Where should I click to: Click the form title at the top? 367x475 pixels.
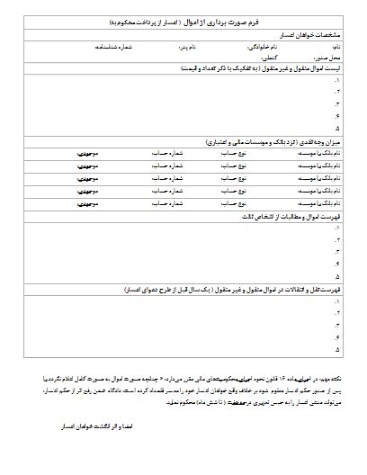pos(183,18)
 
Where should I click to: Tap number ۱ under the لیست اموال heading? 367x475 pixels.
pos(336,81)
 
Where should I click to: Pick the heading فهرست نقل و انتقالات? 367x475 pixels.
pos(252,291)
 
